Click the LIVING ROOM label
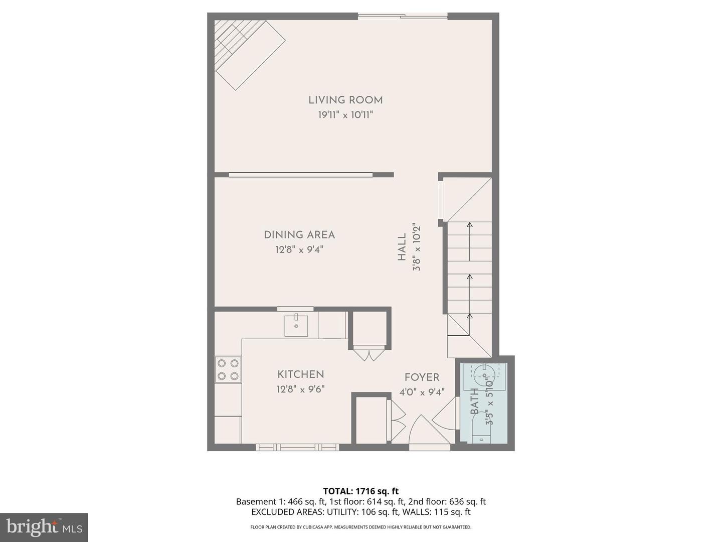[345, 100]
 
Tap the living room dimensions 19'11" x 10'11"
[345, 115]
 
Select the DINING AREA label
[299, 235]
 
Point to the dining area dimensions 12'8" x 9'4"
[299, 249]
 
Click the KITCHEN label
[301, 374]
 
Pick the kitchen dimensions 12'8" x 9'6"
[301, 389]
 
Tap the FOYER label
[422, 377]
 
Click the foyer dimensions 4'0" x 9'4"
[422, 392]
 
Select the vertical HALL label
[402, 247]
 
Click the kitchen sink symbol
[296, 325]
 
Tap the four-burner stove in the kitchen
[228, 369]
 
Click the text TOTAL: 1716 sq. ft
[360, 491]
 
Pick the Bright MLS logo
[44, 527]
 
